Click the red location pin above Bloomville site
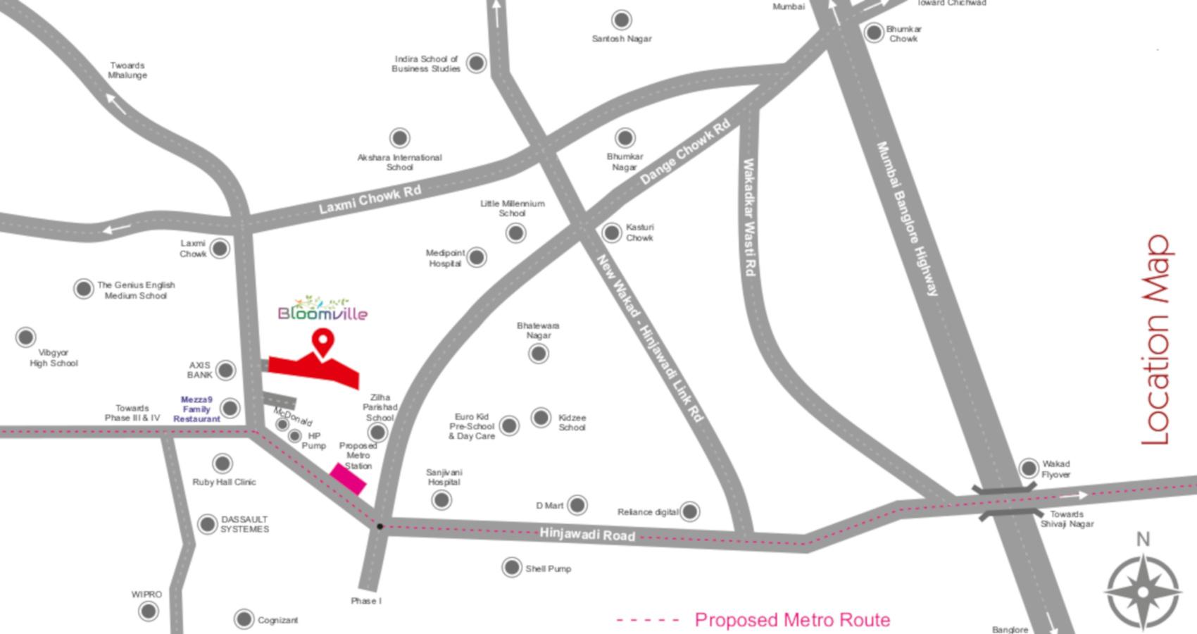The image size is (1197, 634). point(322,342)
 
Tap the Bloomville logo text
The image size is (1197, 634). point(322,312)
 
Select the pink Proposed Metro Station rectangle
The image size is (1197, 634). point(349,478)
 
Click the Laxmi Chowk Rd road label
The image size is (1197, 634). point(370,199)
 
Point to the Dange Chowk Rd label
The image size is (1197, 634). point(684,153)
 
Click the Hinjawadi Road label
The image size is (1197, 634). point(587,535)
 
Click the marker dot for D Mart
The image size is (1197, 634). point(577,504)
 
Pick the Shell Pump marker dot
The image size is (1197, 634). point(512,567)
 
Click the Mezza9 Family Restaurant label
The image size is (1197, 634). point(196,409)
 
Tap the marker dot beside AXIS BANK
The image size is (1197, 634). point(226,370)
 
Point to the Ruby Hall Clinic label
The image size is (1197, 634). point(224,482)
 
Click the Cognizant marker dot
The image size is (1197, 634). point(244,619)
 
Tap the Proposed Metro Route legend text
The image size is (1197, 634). point(792,620)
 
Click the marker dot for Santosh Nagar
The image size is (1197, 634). point(621,20)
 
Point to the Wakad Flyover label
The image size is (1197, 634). point(1055,469)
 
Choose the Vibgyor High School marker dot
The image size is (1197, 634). point(26,337)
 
